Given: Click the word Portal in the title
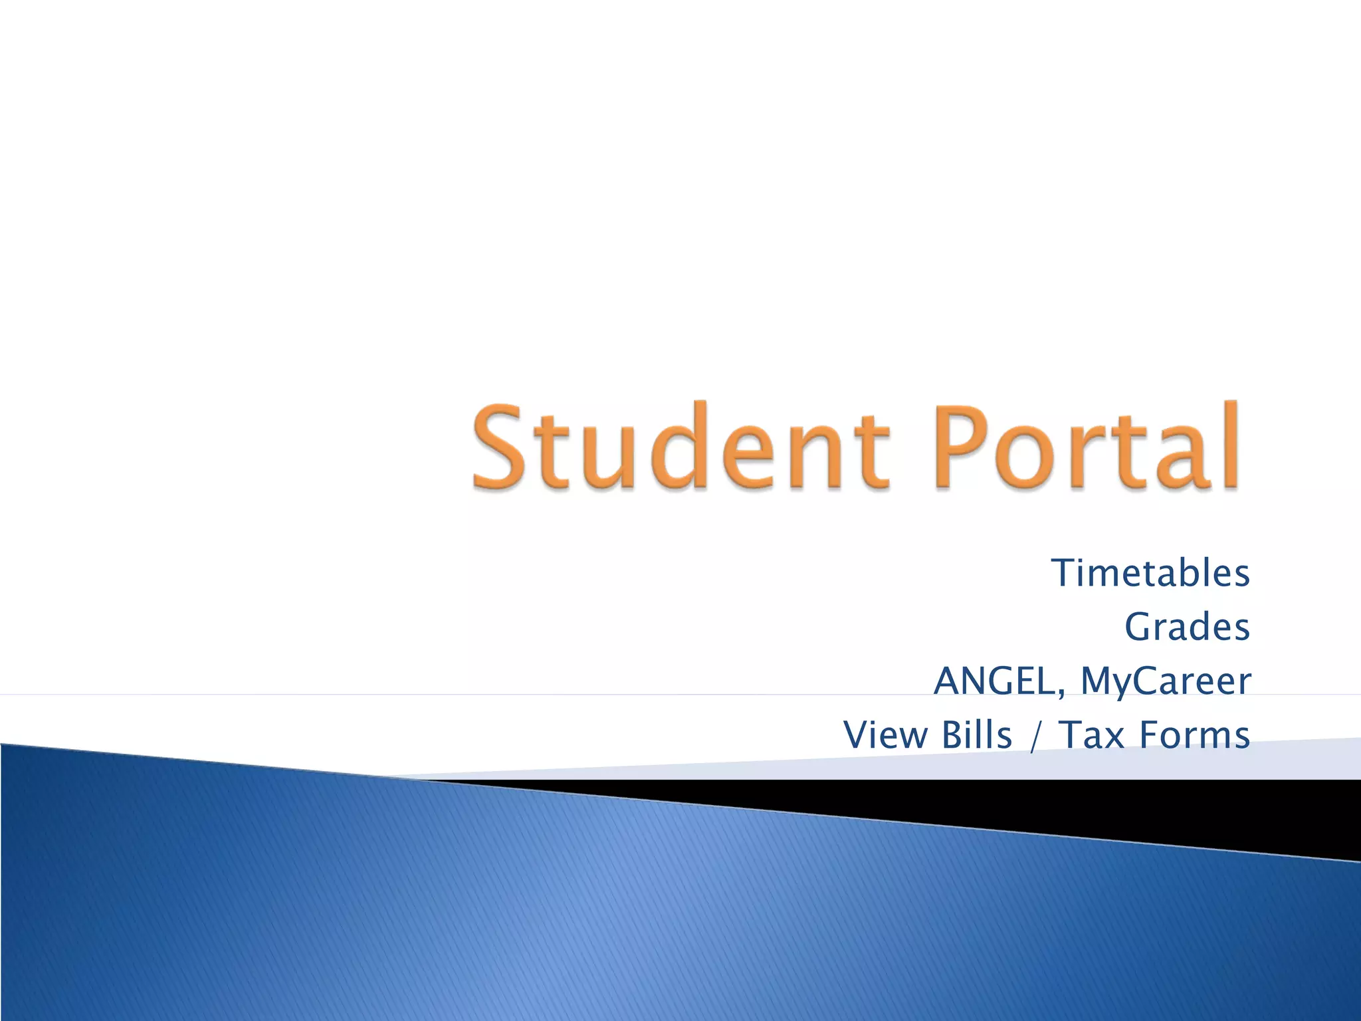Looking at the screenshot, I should pyautogui.click(x=1087, y=447).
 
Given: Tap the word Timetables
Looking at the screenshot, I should pyautogui.click(x=1150, y=573).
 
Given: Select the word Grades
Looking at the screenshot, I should pyautogui.click(x=1187, y=627).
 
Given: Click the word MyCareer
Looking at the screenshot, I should pyautogui.click(x=1166, y=681).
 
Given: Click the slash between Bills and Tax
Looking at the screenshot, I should pyautogui.click(x=1033, y=737).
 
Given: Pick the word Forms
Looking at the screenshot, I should pyautogui.click(x=1194, y=735).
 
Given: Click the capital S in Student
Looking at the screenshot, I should pyautogui.click(x=500, y=447).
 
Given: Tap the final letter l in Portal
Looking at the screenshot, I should pyautogui.click(x=1229, y=444).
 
